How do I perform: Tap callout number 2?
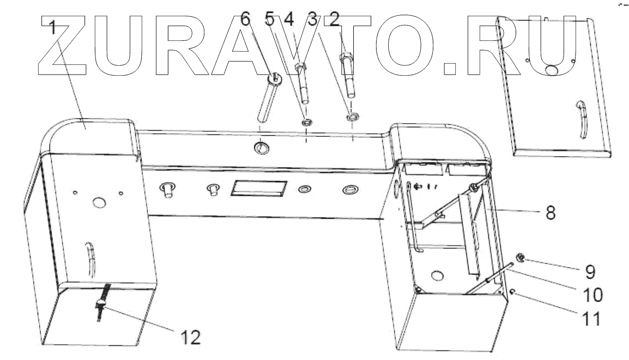pos(335,21)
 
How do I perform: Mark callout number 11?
pos(591,318)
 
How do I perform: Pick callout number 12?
pos(190,338)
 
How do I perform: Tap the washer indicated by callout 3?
pos(352,116)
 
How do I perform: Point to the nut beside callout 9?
pos(521,258)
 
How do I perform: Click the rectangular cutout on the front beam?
pos(258,188)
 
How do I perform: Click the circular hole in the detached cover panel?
pos(551,69)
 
